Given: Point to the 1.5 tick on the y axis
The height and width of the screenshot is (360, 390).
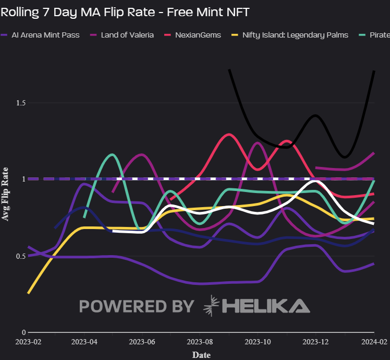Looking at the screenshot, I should click(20, 103).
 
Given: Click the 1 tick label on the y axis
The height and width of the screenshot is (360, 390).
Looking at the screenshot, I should click(23, 179).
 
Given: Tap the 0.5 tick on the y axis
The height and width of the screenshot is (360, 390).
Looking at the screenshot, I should click(20, 256).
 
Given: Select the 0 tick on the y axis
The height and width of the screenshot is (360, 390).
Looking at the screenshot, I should click(23, 332).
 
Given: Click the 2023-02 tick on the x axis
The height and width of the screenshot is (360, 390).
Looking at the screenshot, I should click(28, 343).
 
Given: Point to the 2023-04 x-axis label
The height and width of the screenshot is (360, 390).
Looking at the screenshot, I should click(85, 343).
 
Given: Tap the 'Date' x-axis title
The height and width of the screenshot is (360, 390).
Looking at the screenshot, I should click(201, 355).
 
